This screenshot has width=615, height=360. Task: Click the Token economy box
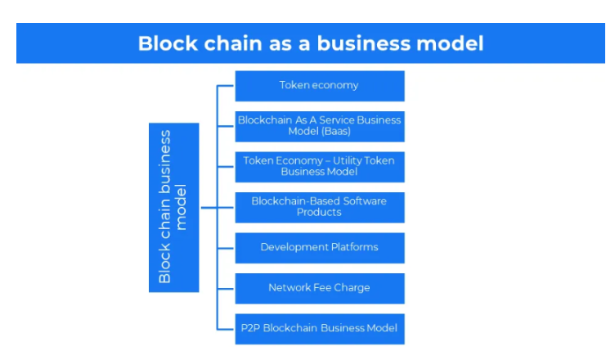click(x=320, y=86)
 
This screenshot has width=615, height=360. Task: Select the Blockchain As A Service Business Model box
click(x=320, y=127)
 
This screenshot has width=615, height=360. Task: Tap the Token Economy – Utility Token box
click(x=320, y=167)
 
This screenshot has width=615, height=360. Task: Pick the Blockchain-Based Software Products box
click(x=320, y=207)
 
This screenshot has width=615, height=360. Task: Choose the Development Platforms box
click(x=320, y=248)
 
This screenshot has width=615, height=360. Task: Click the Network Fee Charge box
click(x=320, y=289)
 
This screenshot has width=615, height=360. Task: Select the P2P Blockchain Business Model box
click(x=320, y=329)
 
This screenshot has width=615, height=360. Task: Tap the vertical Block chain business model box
click(x=173, y=207)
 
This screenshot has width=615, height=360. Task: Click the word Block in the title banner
click(x=168, y=43)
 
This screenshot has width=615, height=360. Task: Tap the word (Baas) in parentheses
click(x=335, y=131)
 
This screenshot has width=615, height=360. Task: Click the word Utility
click(x=347, y=161)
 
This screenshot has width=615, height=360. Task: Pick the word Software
click(x=365, y=201)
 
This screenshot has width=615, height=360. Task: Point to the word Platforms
click(x=355, y=247)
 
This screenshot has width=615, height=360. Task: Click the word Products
click(x=319, y=213)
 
